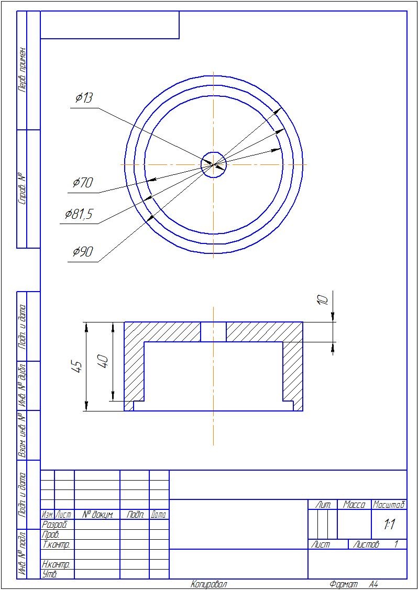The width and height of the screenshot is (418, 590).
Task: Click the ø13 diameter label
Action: (84, 98)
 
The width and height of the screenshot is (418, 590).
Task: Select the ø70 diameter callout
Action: (83, 183)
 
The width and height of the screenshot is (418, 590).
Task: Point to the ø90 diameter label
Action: (83, 252)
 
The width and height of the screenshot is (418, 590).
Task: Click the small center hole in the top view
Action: (214, 164)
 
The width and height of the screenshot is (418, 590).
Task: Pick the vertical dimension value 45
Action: (77, 366)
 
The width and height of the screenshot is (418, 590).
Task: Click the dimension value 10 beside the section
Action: (323, 299)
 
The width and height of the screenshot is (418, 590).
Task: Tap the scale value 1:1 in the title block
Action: (389, 525)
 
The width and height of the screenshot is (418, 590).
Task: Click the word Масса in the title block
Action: (354, 505)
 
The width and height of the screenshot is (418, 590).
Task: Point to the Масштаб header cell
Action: (389, 505)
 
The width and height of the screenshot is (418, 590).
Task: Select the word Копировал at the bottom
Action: (209, 584)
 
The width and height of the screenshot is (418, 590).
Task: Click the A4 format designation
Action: (373, 584)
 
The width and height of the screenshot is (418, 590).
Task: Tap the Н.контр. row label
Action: (56, 565)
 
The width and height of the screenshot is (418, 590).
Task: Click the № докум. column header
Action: (97, 515)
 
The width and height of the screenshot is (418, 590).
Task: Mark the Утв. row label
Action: (49, 574)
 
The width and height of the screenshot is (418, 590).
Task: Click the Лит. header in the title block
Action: (323, 505)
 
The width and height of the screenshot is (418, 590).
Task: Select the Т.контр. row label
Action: (56, 544)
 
